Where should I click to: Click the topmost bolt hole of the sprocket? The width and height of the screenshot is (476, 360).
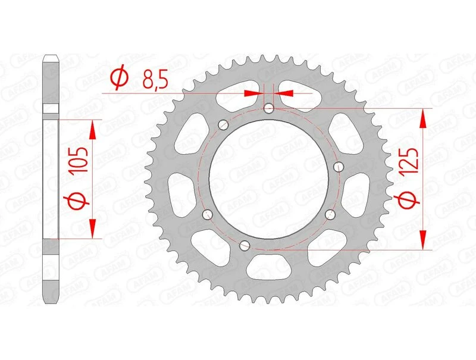269,108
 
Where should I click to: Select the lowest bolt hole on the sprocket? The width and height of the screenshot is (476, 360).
243,245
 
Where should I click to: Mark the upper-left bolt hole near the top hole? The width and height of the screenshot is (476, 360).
224,125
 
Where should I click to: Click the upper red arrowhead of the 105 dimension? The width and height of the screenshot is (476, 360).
93,128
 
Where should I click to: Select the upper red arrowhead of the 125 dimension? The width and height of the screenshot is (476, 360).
423,118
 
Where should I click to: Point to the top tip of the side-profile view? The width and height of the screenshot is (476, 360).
52,57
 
